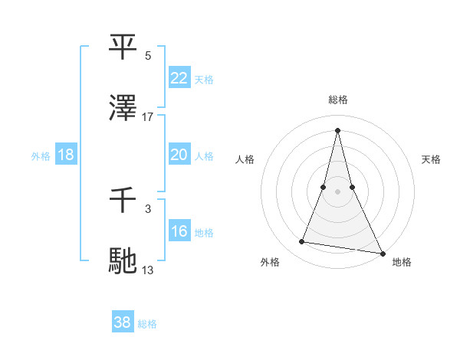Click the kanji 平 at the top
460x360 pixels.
[x=123, y=47]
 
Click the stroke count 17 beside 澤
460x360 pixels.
[x=148, y=116]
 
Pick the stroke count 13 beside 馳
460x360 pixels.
[x=148, y=270]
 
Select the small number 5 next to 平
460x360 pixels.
[x=148, y=56]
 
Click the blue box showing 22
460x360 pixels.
[x=179, y=78]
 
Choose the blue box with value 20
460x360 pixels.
[x=179, y=155]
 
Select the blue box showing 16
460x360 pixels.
[x=179, y=231]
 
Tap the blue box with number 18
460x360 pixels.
[x=66, y=155]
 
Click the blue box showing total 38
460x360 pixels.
[x=123, y=322]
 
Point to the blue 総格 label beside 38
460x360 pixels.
[x=147, y=324]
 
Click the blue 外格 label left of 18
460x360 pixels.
[x=41, y=156]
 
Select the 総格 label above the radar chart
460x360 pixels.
[x=337, y=100]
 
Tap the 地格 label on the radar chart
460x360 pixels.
[x=402, y=262]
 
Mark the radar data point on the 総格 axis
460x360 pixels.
[x=337, y=129]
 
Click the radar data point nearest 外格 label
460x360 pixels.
[x=302, y=242]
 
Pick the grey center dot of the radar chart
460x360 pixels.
[x=337, y=191]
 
